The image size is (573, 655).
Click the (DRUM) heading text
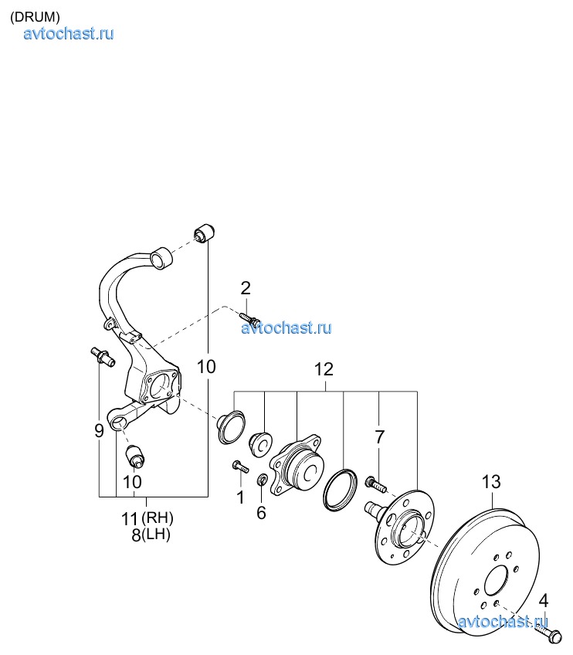[x=35, y=17]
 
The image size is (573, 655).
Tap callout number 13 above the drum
[x=490, y=482]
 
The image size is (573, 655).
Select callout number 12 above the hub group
[x=324, y=369]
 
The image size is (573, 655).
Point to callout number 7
[x=379, y=437]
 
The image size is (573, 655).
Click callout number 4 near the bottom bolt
[x=543, y=601]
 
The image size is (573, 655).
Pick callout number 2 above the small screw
[x=246, y=288]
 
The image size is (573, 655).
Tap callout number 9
[x=99, y=430]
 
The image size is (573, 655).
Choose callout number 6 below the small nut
[x=261, y=513]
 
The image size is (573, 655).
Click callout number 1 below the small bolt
[x=240, y=497]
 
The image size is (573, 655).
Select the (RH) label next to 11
[x=158, y=518]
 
